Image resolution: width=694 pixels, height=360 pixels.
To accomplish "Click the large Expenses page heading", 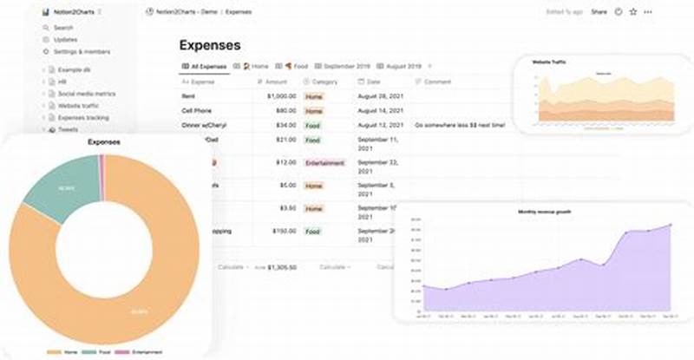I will [210, 45].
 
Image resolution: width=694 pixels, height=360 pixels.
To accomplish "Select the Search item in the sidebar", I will [63, 28].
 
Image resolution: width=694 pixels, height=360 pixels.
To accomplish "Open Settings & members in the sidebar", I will [82, 51].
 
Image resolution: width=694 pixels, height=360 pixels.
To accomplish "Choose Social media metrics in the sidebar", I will [88, 92].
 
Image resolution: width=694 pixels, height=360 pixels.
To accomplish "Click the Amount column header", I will [276, 81].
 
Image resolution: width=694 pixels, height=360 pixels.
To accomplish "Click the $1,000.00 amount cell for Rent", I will [280, 96].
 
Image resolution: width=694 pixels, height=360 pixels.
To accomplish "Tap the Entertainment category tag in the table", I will [325, 162].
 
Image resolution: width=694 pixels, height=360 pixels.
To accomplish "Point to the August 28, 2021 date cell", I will [380, 96].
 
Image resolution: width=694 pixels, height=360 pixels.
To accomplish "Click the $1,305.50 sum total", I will [282, 267].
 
